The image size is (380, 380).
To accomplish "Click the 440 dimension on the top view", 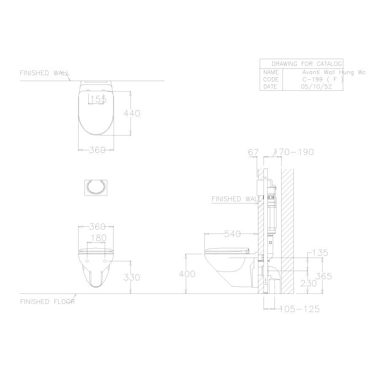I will pos(131,113).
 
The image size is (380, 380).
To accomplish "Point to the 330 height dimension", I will pos(131,277).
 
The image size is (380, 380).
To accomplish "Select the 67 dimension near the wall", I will pos(253,152).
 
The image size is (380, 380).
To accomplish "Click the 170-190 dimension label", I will pos(294,152).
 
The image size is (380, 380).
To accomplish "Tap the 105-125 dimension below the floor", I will pos(299,309).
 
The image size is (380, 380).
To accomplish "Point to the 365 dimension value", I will pos(323,277).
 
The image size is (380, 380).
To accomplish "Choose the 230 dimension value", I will pos(309,284).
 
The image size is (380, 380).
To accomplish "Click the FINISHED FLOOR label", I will pos(47,302).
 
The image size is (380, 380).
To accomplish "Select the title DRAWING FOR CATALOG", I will pos(307,64).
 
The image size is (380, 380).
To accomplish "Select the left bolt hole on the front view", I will pos(87,261).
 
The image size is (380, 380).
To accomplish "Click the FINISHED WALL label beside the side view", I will pos(233,199).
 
